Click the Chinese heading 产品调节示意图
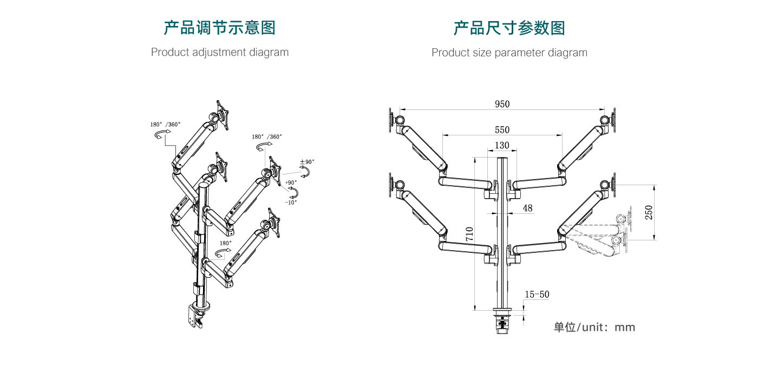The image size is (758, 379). (219, 28)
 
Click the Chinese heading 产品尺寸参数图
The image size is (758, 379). (509, 28)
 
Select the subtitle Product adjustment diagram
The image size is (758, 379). (219, 53)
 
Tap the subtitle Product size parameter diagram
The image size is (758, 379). (509, 53)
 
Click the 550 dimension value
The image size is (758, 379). (502, 130)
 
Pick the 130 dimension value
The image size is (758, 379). (502, 146)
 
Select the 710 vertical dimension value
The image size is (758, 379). (469, 233)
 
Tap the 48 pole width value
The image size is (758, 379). (527, 208)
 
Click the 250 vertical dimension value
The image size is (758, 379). (648, 212)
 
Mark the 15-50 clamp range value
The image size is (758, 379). (537, 295)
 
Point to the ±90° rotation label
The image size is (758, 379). (307, 162)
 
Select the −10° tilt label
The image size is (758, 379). (291, 202)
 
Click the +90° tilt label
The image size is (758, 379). (291, 182)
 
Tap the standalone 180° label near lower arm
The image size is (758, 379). (225, 243)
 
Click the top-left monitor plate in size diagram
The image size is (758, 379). (391, 120)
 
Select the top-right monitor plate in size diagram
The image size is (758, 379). (614, 120)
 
